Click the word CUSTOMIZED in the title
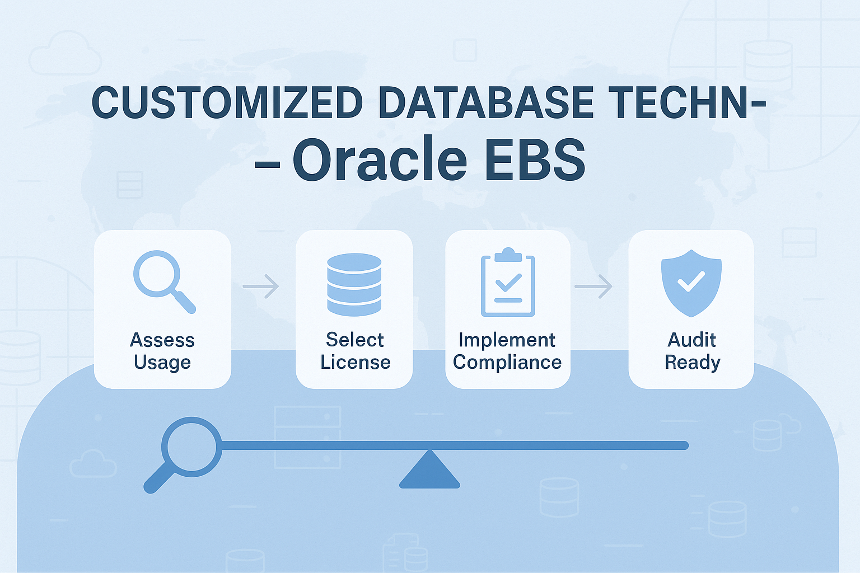tap(227, 102)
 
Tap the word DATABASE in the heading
tap(486, 102)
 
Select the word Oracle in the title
tap(380, 159)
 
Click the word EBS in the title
tap(535, 159)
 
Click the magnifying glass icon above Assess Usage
tap(164, 282)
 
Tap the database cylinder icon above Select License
tap(354, 284)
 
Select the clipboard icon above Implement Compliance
tap(508, 282)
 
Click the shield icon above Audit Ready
tap(691, 283)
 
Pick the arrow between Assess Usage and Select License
tap(261, 286)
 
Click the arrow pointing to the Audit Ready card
tap(593, 286)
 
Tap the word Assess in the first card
tap(162, 340)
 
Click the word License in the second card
tap(356, 362)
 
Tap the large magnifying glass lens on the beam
tap(191, 447)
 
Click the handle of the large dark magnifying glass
tap(159, 478)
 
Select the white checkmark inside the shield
tap(691, 281)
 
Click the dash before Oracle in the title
tap(267, 165)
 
